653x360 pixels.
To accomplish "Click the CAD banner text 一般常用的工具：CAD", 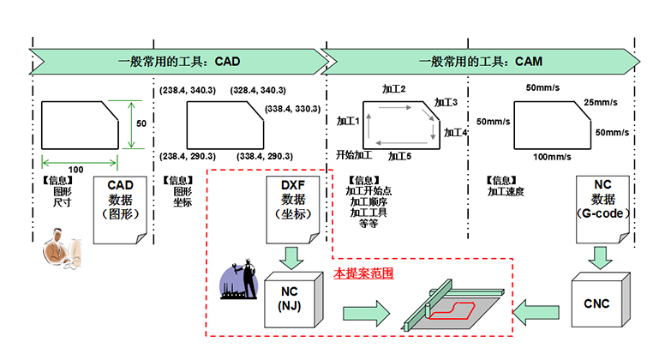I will coord(179,62).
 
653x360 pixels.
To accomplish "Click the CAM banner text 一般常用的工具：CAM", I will coord(480,62).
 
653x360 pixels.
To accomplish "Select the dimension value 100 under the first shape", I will coord(75,169).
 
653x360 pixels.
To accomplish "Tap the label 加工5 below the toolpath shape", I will coord(400,157).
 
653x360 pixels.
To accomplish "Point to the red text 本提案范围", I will coord(362,273).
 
